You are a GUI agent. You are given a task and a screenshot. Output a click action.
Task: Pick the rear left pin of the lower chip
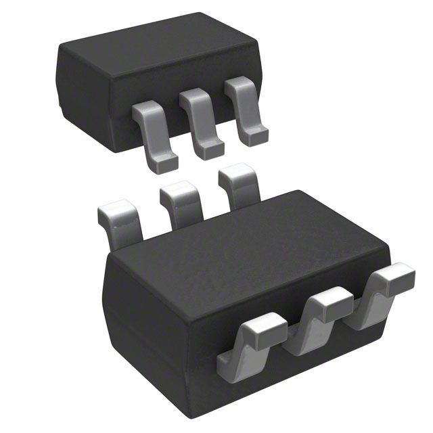(x=120, y=220)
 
